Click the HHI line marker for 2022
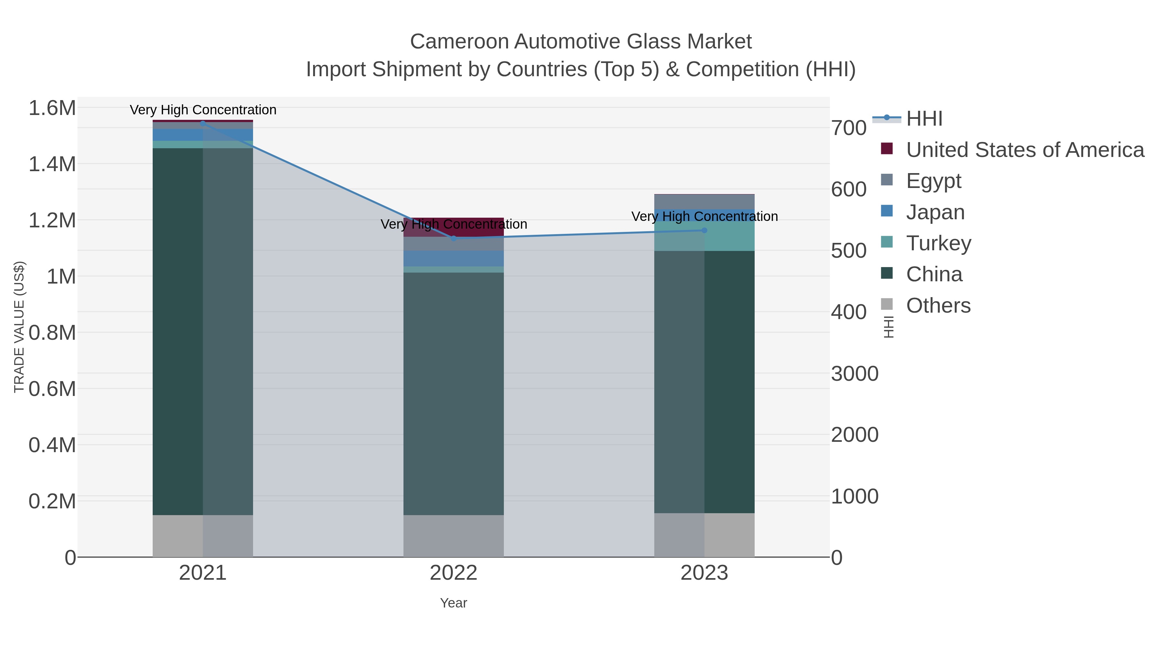[x=454, y=238]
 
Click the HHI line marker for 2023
[x=704, y=231]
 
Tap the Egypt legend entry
[x=933, y=181]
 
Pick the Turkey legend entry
[x=938, y=243]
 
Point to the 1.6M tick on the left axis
[x=52, y=108]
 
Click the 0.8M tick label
[x=52, y=333]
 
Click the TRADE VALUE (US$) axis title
[x=19, y=327]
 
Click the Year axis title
[x=454, y=603]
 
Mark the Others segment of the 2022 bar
[x=454, y=536]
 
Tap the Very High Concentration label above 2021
[x=203, y=110]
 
